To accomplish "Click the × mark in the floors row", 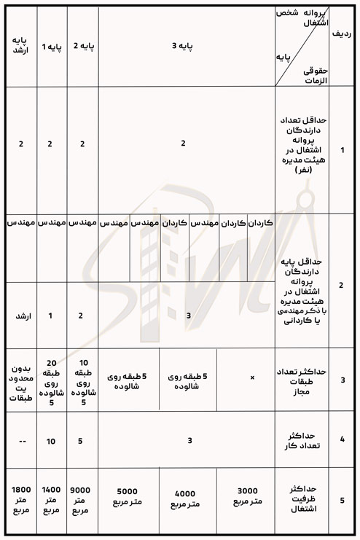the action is pyautogui.click(x=252, y=378).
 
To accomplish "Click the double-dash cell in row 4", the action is pyautogui.click(x=20, y=440).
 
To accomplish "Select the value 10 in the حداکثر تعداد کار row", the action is pyautogui.click(x=50, y=440).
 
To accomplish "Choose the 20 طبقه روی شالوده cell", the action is pyautogui.click(x=50, y=382).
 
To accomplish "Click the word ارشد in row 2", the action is pyautogui.click(x=20, y=316).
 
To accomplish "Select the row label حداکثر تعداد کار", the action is pyautogui.click(x=302, y=440).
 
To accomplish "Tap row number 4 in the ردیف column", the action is pyautogui.click(x=343, y=440).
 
